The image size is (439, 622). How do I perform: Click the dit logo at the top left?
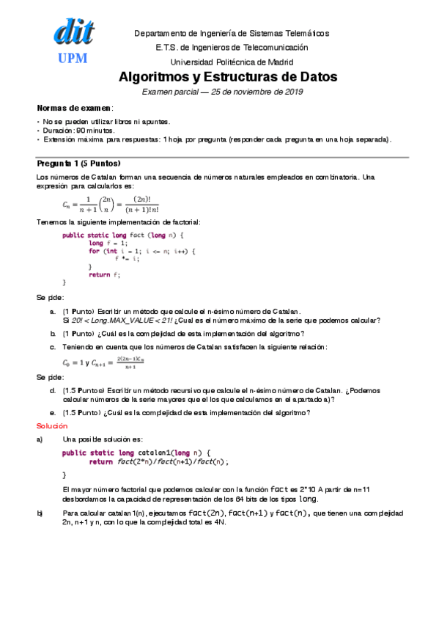[73, 33]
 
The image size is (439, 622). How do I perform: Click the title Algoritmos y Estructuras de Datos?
[227, 77]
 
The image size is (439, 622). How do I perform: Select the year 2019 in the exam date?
[292, 92]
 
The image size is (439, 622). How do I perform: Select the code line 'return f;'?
[104, 274]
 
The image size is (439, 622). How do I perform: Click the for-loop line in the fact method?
[142, 251]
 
